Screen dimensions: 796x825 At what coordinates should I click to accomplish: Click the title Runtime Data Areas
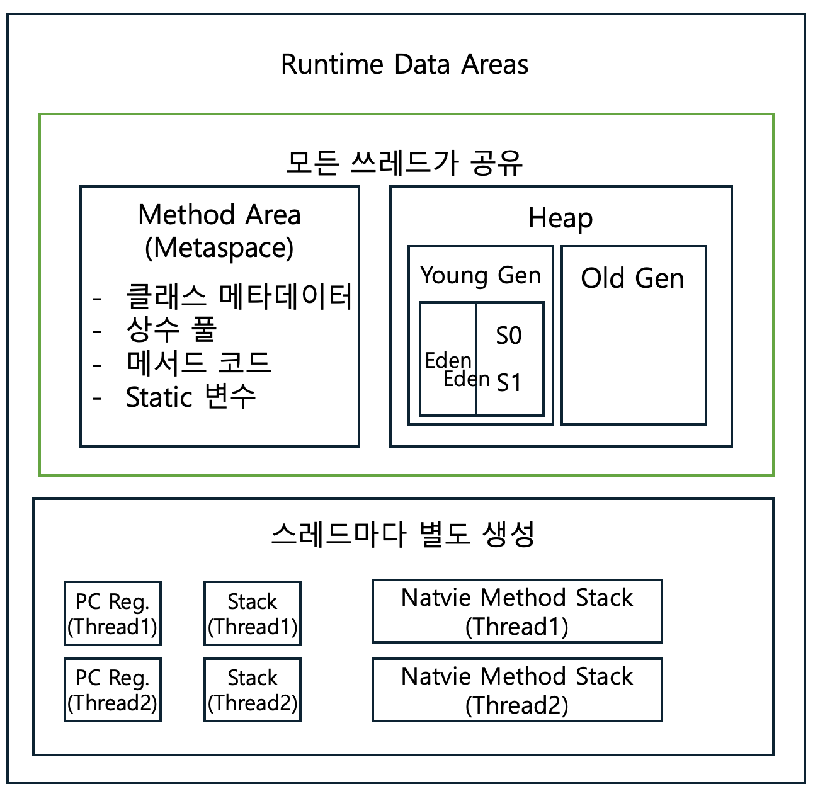tap(404, 64)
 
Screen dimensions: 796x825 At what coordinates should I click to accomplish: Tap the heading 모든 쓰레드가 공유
tap(404, 162)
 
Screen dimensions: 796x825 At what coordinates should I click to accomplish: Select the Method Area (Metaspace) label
tap(219, 231)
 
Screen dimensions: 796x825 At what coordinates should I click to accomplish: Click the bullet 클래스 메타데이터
tap(239, 296)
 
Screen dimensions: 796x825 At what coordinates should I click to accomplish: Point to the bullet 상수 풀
tap(171, 329)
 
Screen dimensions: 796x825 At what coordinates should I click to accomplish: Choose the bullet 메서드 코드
tap(198, 363)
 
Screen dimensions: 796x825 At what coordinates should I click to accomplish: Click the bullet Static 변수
tap(190, 397)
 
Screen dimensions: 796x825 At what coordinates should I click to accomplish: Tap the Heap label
tap(560, 218)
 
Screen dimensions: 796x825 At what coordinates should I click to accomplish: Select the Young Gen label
tap(481, 275)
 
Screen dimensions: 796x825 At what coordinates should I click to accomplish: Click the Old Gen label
tap(632, 278)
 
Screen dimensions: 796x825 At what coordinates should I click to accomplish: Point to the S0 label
tap(509, 336)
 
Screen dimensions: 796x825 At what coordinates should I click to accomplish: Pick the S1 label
tap(509, 382)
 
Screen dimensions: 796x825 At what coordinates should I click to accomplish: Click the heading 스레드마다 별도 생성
tap(403, 535)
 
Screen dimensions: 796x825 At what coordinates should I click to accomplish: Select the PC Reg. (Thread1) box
tap(113, 613)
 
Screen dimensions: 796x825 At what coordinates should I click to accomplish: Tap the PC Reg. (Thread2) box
tap(113, 690)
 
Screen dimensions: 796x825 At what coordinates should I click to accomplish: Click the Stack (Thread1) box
tap(253, 613)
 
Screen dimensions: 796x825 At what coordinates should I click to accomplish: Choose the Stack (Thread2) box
tap(253, 690)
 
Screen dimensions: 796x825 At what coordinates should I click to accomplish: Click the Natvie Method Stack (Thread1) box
tap(517, 611)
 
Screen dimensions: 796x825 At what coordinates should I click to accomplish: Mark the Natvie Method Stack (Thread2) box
tap(517, 690)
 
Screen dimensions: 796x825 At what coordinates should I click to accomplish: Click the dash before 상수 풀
tap(97, 331)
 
